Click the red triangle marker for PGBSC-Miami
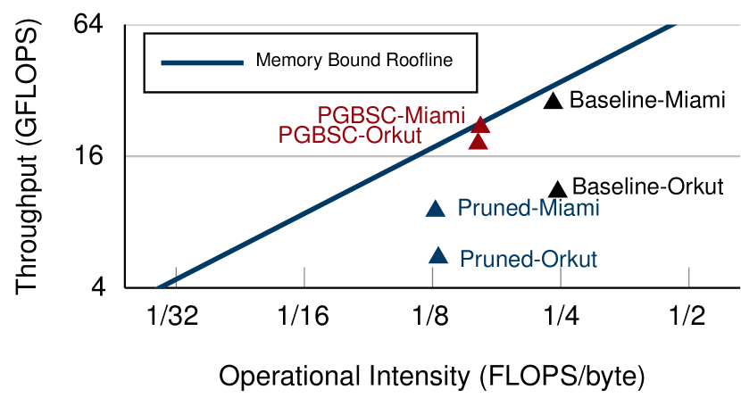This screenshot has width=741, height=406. coord(480,125)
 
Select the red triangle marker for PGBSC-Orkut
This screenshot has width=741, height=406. coord(479,141)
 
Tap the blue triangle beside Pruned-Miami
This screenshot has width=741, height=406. coord(435,209)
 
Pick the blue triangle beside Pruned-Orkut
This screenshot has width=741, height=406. coord(438,256)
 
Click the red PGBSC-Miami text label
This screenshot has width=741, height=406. coord(391,116)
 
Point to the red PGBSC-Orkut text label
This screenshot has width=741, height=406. coord(349,136)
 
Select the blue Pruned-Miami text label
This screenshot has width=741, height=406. coord(528,209)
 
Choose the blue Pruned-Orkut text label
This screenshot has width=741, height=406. coord(528,260)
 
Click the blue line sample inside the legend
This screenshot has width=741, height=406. coord(202,62)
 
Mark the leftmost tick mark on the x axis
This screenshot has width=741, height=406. coord(176,277)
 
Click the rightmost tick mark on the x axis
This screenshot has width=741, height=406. coord(688,277)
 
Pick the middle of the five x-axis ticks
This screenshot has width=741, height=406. coord(433,277)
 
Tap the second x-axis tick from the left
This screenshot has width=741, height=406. coord(304,277)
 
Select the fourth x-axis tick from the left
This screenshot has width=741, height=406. coord(561,277)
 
